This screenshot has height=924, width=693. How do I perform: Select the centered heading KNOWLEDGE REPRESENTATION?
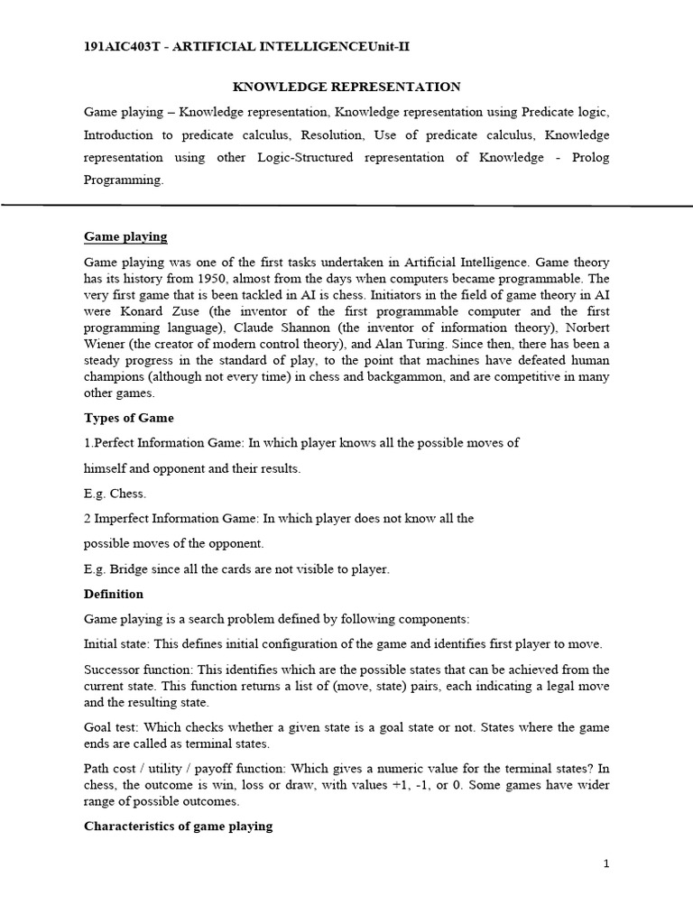[346, 87]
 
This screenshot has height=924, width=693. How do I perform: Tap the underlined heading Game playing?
[125, 236]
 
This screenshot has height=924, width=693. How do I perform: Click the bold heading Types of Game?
[129, 418]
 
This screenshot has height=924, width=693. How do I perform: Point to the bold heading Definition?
[114, 594]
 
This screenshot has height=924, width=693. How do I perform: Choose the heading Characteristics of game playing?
[179, 826]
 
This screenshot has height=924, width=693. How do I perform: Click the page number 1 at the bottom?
[606, 864]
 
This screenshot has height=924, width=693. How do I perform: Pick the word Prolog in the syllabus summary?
[590, 157]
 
